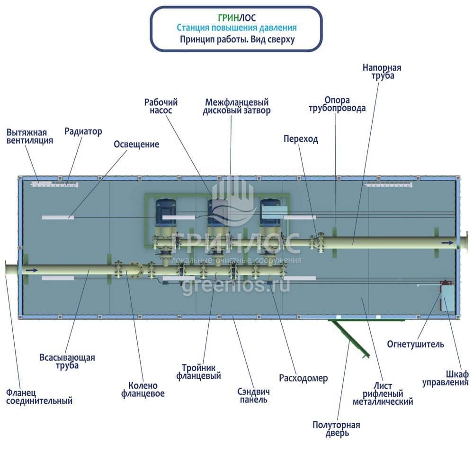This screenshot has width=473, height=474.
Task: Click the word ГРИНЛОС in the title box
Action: [x=236, y=18]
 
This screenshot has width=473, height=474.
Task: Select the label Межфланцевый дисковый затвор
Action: [x=236, y=107]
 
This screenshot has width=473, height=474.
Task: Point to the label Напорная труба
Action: [x=382, y=72]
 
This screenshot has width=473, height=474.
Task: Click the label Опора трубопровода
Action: [x=337, y=104]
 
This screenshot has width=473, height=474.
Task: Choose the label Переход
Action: [x=301, y=139]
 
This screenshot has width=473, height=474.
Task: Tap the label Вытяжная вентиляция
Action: [x=29, y=136]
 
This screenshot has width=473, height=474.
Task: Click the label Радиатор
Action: [x=83, y=131]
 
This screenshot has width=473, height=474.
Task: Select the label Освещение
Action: [x=136, y=145]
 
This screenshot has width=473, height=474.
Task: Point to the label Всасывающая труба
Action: [x=67, y=361]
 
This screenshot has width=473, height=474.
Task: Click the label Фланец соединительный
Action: [x=39, y=397]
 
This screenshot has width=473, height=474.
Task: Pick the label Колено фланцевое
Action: [x=143, y=390]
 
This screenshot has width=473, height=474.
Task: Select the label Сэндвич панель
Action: [x=253, y=395]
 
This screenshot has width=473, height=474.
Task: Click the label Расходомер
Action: [x=303, y=378]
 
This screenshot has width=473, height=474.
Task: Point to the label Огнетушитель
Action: [x=415, y=344]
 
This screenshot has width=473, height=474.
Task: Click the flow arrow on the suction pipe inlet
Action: [x=30, y=270]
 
